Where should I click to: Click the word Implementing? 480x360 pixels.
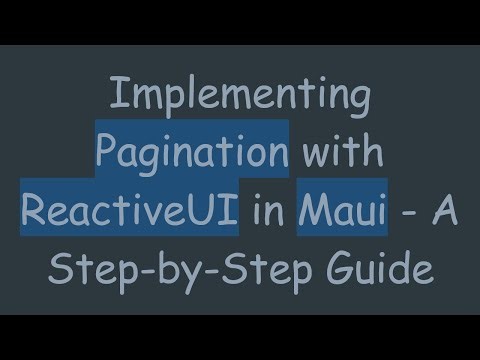click(x=239, y=96)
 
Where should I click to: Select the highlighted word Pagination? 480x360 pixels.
click(x=193, y=153)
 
